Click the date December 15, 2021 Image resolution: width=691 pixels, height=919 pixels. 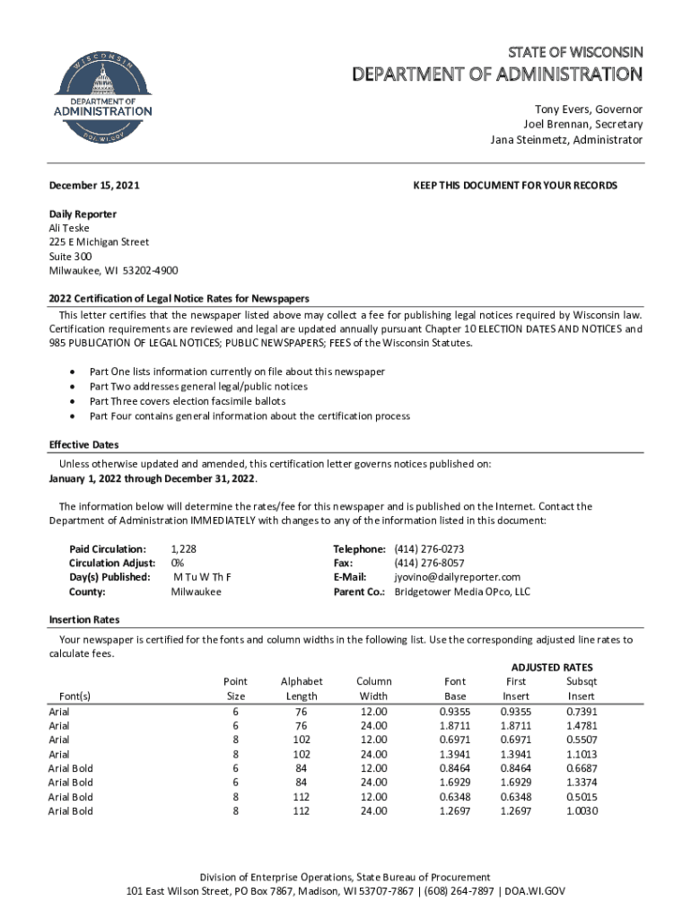tap(93, 186)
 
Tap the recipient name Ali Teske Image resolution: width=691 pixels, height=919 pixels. tap(69, 228)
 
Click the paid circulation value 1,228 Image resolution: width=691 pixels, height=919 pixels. tap(183, 548)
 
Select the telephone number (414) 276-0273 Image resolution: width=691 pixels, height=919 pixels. tap(429, 548)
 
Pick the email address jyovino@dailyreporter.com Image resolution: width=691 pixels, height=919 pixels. tap(458, 577)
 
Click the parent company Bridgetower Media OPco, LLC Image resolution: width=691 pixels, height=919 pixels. tap(462, 591)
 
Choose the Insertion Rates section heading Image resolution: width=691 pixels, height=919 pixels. tap(83, 620)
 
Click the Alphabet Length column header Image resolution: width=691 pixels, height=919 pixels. tap(302, 688)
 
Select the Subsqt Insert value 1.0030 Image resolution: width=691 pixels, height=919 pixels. tap(581, 811)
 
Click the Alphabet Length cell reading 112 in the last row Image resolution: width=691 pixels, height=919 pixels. tap(302, 811)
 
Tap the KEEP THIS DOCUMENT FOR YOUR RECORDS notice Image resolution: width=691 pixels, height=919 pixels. tap(515, 186)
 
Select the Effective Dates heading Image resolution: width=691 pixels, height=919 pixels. tap(83, 445)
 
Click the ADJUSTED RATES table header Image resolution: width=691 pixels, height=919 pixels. tap(551, 668)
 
